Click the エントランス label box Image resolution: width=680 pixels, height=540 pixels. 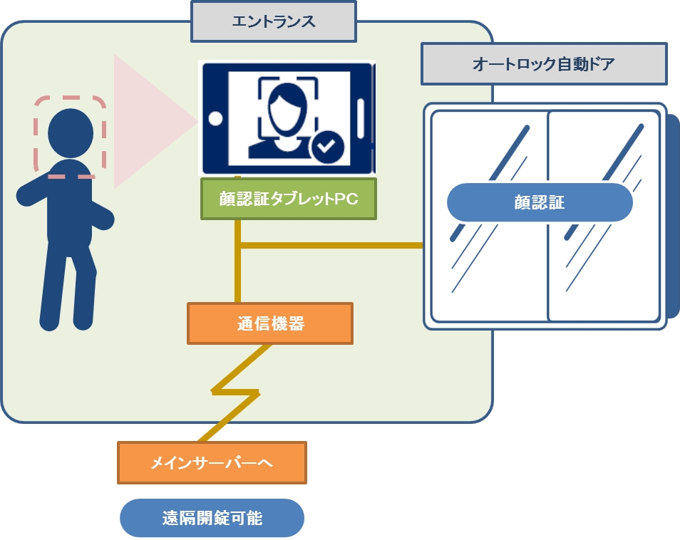[x=274, y=21]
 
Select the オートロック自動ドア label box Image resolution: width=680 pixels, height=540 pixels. [x=544, y=64]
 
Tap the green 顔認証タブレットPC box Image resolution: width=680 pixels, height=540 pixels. [x=288, y=199]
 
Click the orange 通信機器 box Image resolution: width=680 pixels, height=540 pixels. [x=270, y=323]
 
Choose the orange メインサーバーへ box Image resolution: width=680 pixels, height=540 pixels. [x=212, y=463]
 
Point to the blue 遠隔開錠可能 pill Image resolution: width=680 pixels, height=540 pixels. [x=212, y=518]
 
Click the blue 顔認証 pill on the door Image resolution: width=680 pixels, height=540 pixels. [x=540, y=202]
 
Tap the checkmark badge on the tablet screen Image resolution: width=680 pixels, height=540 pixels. [x=327, y=147]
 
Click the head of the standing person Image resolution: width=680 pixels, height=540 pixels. [x=70, y=133]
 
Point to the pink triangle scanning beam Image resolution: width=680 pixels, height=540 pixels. [x=146, y=121]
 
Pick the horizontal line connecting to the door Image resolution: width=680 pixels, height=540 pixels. [x=331, y=246]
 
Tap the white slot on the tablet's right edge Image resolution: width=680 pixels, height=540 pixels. [x=361, y=118]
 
